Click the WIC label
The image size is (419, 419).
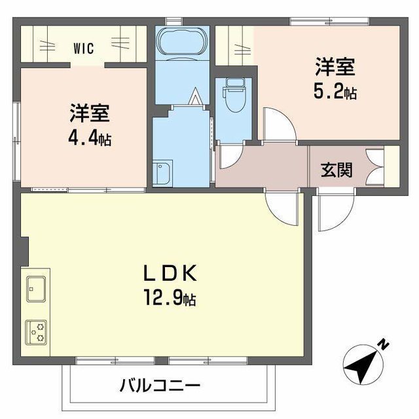tap(84, 48)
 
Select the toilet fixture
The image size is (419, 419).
tap(234, 95)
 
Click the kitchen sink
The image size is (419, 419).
tap(36, 289)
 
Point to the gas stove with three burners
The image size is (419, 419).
tap(36, 332)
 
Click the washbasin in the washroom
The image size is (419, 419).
tap(162, 172)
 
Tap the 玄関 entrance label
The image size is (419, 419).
tap(337, 170)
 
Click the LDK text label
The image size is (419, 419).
tap(170, 273)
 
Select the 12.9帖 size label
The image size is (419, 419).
tap(170, 298)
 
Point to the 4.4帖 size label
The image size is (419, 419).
tap(90, 137)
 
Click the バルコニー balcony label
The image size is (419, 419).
tap(160, 385)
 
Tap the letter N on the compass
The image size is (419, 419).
tap(384, 345)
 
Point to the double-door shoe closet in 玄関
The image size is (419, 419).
tap(375, 167)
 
